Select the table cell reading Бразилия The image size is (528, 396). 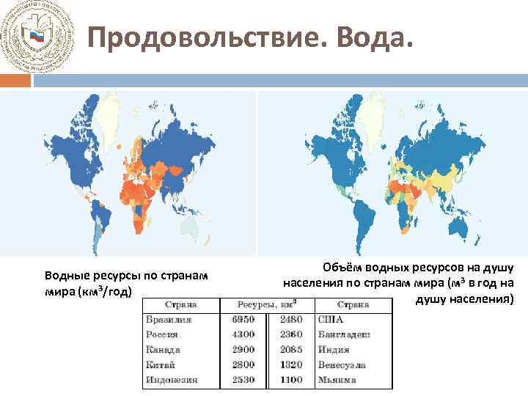point(169,320)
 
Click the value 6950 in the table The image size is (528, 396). point(243,320)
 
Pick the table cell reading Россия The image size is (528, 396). point(164,334)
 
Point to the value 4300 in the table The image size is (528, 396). point(243,334)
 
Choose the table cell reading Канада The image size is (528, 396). point(164,350)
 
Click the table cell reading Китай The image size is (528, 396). point(161,364)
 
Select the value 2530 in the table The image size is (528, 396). point(243,380)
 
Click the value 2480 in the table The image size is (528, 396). point(292,320)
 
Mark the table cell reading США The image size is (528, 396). point(331,320)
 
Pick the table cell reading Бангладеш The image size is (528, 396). point(344,334)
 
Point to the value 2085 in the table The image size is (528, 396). point(292,350)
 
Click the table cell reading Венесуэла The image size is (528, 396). point(342,364)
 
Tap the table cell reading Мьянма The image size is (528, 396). point(337,380)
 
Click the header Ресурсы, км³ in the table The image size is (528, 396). point(266,304)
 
